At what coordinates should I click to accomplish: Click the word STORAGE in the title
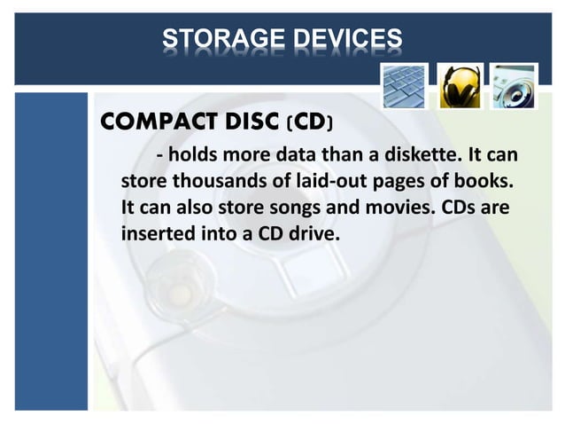216,40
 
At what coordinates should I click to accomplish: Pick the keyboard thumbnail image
405,86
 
